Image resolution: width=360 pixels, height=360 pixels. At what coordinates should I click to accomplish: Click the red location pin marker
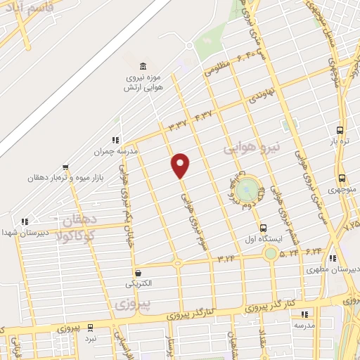[x=181, y=165]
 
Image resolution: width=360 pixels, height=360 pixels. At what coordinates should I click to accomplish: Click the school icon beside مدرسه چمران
[x=115, y=140]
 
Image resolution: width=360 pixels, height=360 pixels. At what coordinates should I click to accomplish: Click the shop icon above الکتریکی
[x=138, y=274]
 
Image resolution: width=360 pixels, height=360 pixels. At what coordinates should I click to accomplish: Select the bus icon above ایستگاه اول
[x=264, y=228]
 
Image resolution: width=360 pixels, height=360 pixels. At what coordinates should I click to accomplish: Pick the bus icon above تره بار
[x=340, y=131]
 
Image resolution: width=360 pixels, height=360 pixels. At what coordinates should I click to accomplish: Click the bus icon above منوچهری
[x=342, y=178]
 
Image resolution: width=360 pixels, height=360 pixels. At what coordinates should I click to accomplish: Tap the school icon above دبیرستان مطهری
[x=333, y=258]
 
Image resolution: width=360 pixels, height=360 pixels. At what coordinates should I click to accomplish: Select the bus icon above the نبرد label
[x=90, y=327]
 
